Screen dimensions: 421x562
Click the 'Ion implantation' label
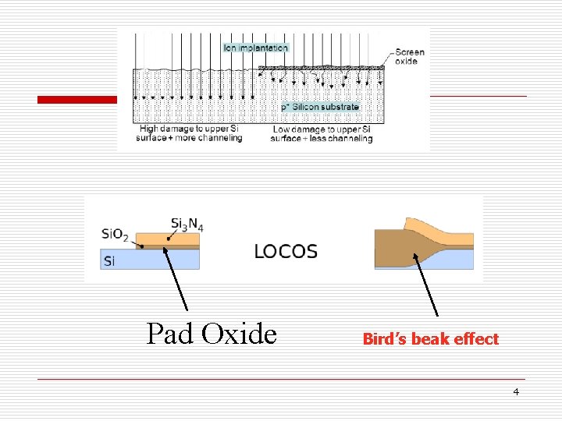[256, 48]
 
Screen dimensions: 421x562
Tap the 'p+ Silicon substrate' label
[320, 107]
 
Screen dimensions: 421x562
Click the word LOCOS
[286, 251]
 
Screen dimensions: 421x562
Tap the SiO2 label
[115, 234]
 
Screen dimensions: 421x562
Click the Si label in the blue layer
[108, 260]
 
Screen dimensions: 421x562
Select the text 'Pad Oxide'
[212, 334]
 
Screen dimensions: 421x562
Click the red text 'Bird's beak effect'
[430, 339]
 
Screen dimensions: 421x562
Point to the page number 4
[516, 391]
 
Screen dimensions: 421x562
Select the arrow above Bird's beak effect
[425, 285]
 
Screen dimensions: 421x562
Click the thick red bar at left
[78, 100]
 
